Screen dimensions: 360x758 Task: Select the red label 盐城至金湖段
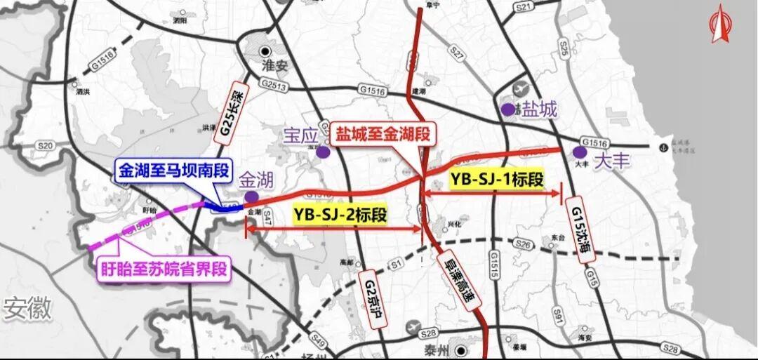(382, 133)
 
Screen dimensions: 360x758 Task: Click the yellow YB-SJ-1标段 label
(496, 179)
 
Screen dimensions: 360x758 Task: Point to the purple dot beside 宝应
(322, 152)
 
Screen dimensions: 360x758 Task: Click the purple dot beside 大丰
(580, 152)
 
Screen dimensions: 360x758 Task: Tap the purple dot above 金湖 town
(251, 196)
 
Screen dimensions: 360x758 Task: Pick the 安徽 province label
(27, 308)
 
